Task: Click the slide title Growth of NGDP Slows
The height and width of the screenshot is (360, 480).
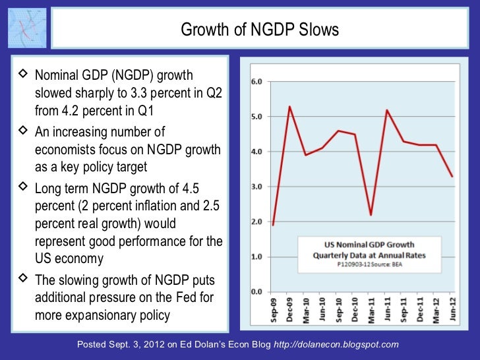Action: pyautogui.click(x=260, y=30)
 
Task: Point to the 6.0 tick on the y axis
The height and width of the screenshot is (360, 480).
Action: pyautogui.click(x=256, y=82)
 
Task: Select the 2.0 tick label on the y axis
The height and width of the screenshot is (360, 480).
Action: pyautogui.click(x=256, y=222)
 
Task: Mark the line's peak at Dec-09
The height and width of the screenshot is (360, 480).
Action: pyautogui.click(x=289, y=106)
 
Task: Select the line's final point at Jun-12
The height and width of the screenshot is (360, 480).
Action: pyautogui.click(x=452, y=176)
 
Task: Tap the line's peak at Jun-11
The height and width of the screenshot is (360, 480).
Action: pyautogui.click(x=386, y=110)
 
